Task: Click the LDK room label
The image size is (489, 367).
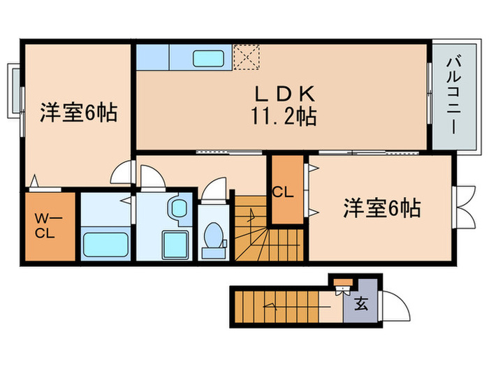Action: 286,93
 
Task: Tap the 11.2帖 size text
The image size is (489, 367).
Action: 286,115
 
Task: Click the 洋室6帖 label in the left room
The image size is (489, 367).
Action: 78,112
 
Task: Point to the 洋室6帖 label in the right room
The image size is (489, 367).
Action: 381,208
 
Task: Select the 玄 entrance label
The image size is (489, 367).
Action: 361,304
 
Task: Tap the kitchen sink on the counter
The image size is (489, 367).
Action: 207,58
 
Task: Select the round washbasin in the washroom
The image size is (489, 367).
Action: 179,208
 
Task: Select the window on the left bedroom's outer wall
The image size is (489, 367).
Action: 14,91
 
